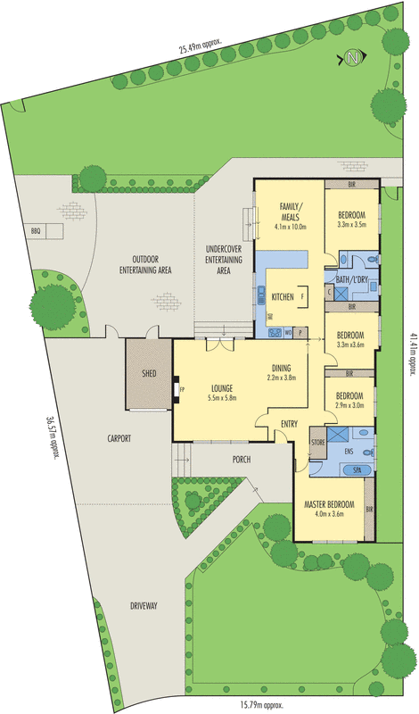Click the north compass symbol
click(354, 59)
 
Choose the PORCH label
click(240, 460)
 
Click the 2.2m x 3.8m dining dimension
click(281, 378)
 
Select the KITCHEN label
click(283, 296)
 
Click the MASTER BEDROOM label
click(329, 504)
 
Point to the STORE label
click(316, 442)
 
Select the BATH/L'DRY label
click(353, 278)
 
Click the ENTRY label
click(289, 424)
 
